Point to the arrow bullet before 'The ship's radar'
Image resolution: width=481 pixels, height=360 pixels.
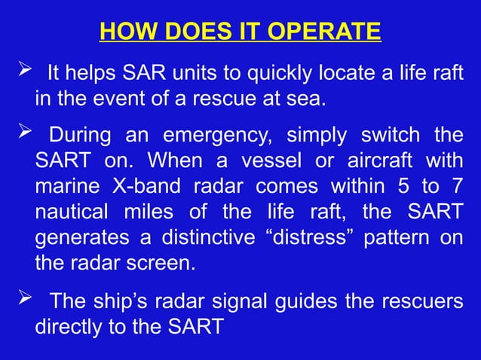[21, 300]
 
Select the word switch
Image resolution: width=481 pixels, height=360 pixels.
[381, 136]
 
